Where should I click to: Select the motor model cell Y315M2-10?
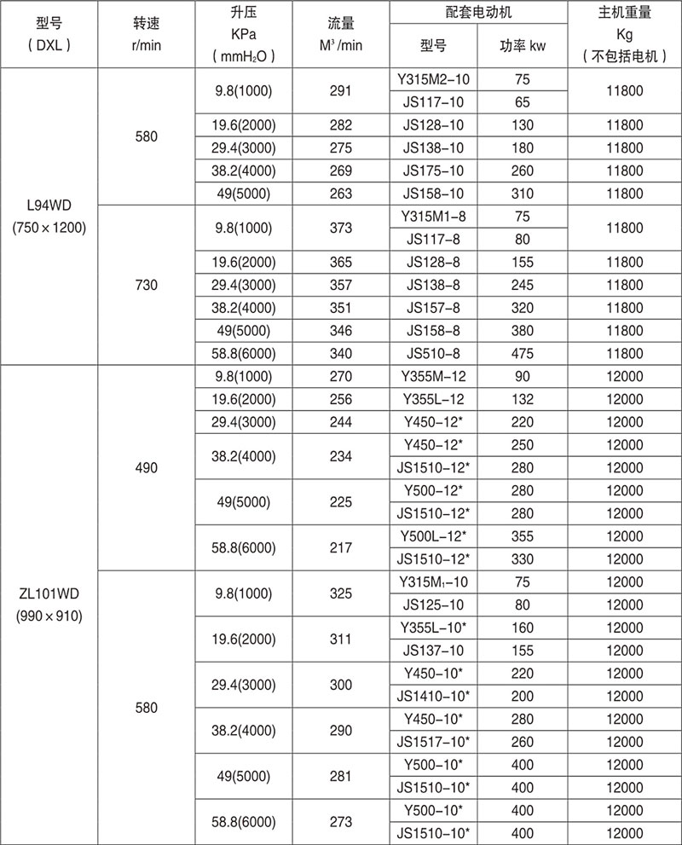[x=434, y=79]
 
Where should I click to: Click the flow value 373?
[x=340, y=228]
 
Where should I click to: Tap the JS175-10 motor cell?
[x=434, y=171]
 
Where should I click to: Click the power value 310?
[x=523, y=194]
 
